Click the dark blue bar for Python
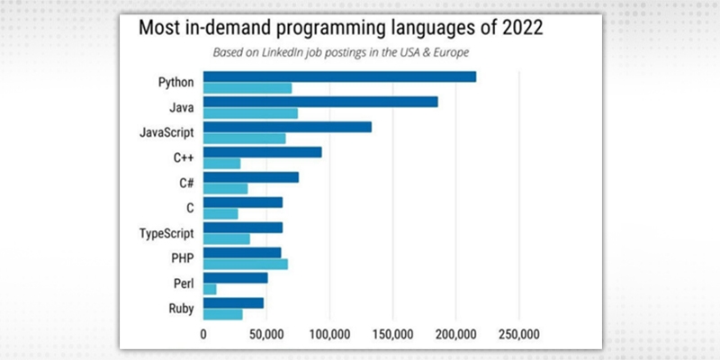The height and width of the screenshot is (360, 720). [x=339, y=76]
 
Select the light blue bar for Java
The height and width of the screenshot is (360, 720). [x=250, y=113]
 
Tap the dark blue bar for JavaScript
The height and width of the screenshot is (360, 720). [x=287, y=127]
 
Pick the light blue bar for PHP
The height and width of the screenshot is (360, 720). [x=246, y=264]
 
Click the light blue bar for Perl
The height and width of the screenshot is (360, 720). [x=210, y=289]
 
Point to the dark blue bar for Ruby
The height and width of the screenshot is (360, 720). [x=233, y=302]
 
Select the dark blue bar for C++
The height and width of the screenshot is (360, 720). [x=262, y=152]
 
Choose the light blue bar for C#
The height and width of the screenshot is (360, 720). [x=225, y=188]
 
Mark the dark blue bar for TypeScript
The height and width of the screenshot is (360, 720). [x=243, y=228]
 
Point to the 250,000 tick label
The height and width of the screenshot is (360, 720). [x=518, y=333]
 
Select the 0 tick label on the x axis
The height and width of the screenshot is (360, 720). [x=203, y=333]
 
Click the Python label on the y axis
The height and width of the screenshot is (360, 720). [x=175, y=82]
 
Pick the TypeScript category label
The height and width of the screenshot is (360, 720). [x=167, y=233]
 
